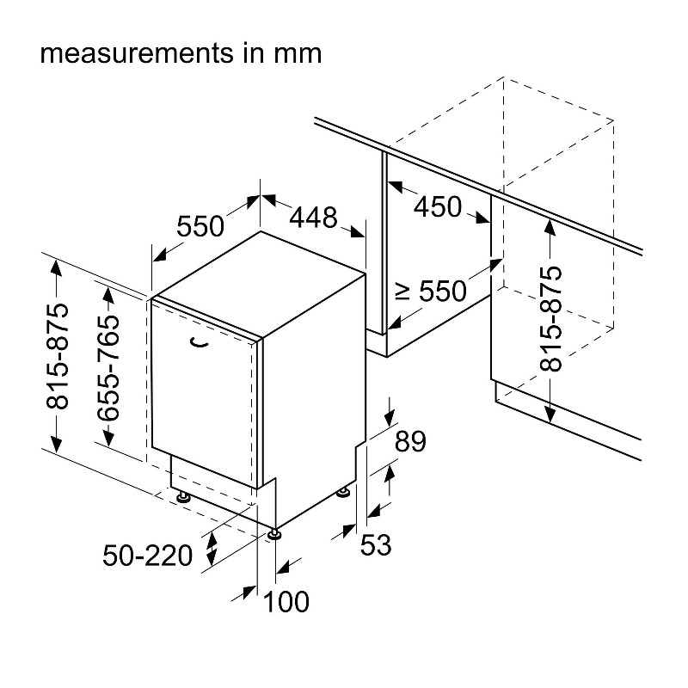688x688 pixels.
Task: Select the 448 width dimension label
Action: [313, 218]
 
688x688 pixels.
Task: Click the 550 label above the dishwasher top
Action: [200, 226]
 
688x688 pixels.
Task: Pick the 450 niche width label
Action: [438, 207]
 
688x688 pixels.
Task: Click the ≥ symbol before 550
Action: [402, 291]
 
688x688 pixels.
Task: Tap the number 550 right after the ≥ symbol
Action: [443, 292]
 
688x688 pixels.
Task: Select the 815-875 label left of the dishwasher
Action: [57, 356]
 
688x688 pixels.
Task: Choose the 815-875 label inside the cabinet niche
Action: [550, 318]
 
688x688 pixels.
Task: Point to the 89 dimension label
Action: [410, 442]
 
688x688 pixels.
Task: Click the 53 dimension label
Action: [376, 544]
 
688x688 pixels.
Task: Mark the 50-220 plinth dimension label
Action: [147, 556]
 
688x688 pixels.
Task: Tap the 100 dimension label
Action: [286, 601]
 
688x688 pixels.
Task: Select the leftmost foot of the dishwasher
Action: [182, 497]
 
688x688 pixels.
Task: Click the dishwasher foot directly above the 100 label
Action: [274, 534]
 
